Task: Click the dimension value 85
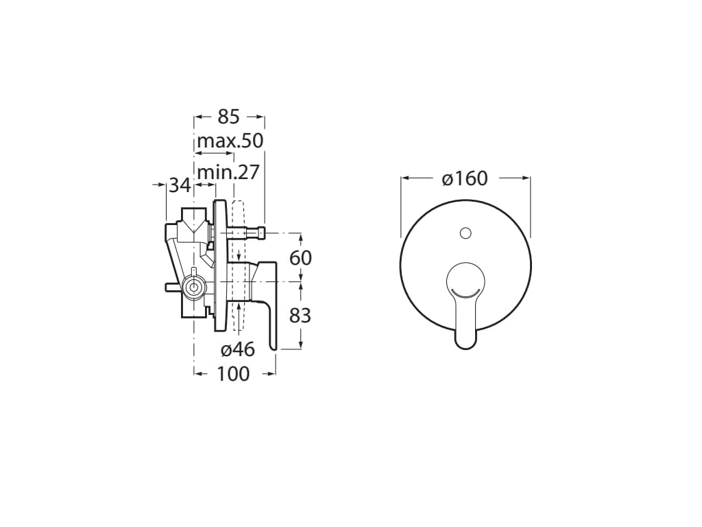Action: coord(229,117)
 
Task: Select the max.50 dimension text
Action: coord(230,141)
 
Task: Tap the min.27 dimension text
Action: coord(228,172)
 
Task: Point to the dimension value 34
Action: coord(180,185)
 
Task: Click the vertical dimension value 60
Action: coord(300,258)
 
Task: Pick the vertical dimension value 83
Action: coord(300,316)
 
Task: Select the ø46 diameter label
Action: coord(238,349)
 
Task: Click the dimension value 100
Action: coord(233,374)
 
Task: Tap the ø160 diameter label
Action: coord(465,178)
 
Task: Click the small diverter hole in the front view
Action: coord(465,233)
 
